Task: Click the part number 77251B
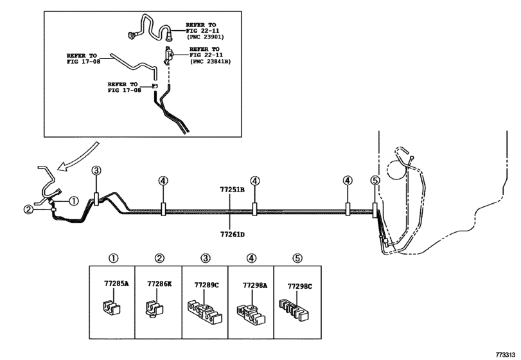coord(232,190)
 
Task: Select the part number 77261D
coord(233,235)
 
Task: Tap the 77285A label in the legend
coord(116,283)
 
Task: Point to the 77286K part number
coord(159,283)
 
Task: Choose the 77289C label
coord(206,285)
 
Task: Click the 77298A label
coord(255,285)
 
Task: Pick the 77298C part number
coord(300,286)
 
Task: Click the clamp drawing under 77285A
coord(110,307)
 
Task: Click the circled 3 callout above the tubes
coord(96,170)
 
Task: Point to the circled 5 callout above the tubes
coord(375,181)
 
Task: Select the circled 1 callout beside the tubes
coord(73,201)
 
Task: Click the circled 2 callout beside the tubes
coord(28,210)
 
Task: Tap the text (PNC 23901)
coord(206,37)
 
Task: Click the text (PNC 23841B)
coord(210,62)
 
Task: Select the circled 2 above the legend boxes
coord(159,258)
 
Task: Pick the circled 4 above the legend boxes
coord(252,258)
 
